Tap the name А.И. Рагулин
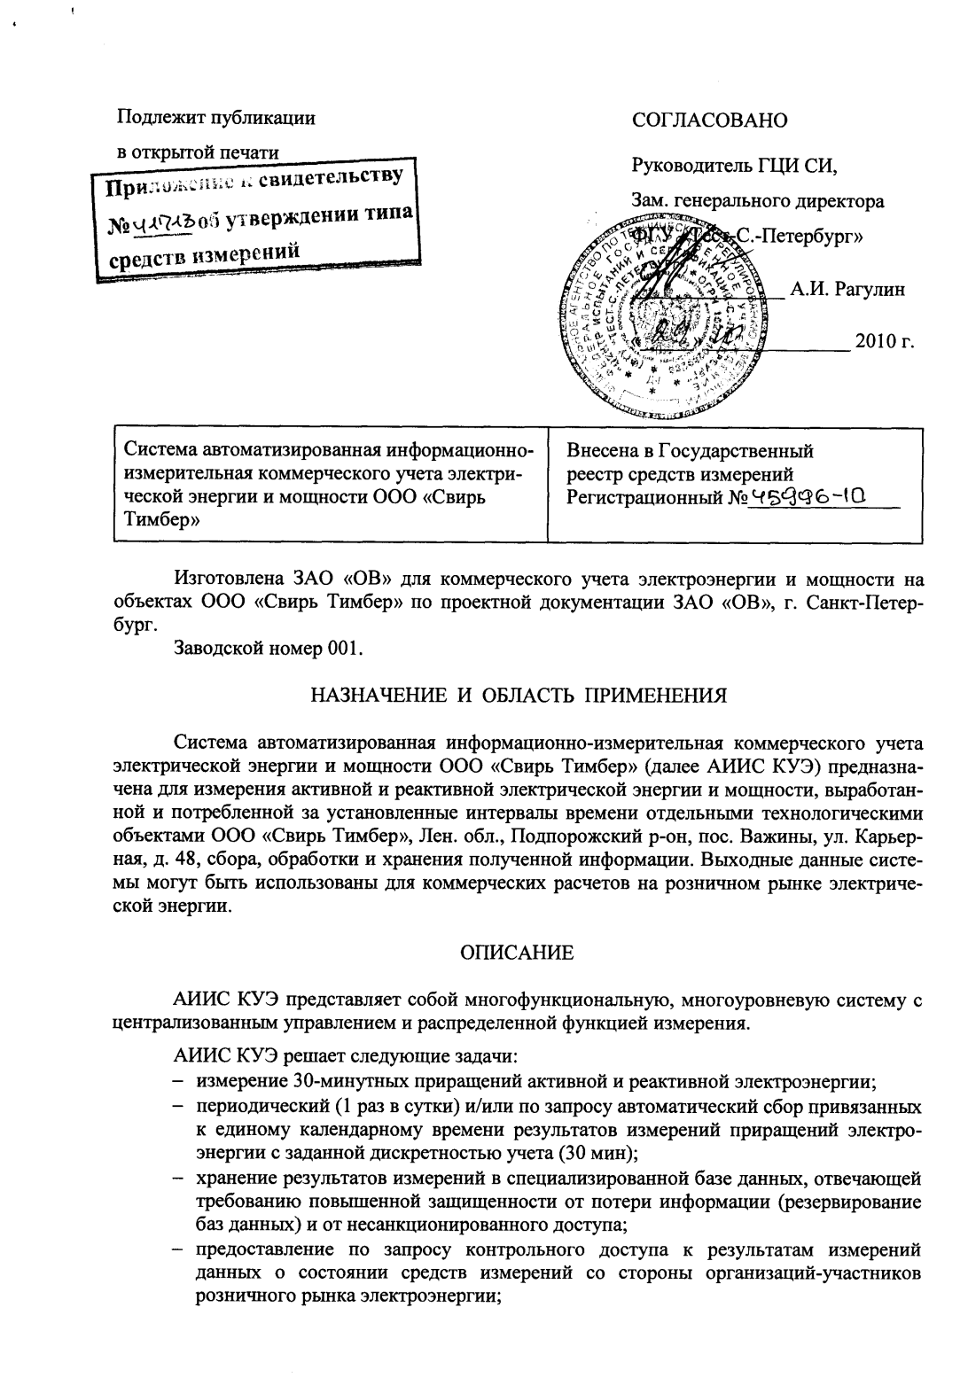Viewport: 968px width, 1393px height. coord(847,290)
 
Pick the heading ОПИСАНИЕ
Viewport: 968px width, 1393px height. coord(517,953)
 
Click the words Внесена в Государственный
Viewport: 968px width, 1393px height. coord(690,451)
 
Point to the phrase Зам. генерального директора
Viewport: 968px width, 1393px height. coord(757,201)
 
